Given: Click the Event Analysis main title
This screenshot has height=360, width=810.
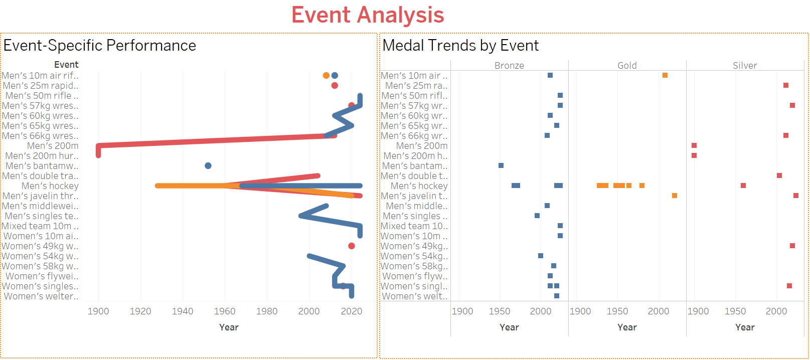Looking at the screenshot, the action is point(368,15).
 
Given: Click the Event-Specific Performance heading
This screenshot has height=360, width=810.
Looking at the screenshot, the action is point(99,46).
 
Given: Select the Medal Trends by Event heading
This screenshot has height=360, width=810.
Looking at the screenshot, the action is point(460,46).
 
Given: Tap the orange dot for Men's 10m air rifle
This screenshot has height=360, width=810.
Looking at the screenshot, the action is point(326,76).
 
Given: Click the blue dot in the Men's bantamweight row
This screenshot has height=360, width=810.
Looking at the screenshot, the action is point(208,165).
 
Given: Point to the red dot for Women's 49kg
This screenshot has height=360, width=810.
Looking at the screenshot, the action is point(352,246).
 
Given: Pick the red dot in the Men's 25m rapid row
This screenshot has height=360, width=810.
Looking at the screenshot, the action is point(335,86).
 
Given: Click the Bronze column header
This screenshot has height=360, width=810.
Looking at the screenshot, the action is point(509,65).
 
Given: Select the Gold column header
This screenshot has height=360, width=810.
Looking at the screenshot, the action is point(627,65).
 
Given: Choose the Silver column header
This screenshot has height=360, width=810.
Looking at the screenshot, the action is point(745,65).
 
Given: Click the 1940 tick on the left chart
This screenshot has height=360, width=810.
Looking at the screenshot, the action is point(183,311).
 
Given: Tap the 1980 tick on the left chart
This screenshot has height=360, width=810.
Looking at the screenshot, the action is point(267,311).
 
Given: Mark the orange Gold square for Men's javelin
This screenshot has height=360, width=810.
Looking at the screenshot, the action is point(675,196).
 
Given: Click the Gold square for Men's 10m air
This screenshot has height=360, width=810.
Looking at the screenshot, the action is point(665,75).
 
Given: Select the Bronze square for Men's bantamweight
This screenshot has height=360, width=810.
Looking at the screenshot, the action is point(501,165).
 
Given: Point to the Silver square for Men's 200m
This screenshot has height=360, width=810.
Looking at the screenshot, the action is point(694,145).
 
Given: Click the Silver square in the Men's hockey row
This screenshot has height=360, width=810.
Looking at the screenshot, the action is point(743,186).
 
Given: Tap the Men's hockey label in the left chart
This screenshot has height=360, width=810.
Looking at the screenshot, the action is point(50,186).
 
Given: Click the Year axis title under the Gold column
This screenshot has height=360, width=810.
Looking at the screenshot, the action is point(627,327).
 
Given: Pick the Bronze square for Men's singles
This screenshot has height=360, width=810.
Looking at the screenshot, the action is point(537,216).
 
